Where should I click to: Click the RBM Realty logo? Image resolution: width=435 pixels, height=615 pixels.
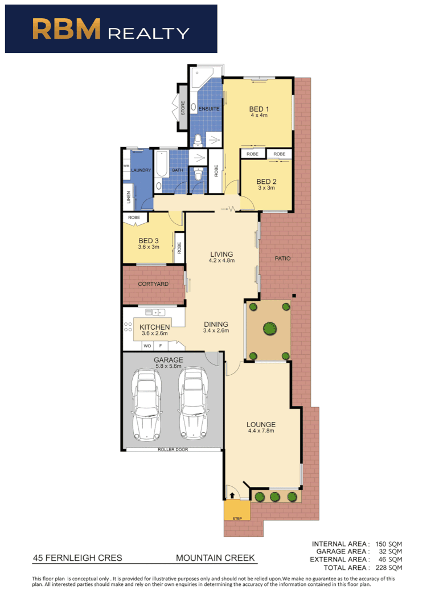tap(111, 29)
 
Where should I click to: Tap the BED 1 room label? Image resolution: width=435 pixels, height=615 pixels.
tap(259, 109)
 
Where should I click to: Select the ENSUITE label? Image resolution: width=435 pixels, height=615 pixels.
tap(209, 109)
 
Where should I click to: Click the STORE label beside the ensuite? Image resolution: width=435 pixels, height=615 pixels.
tap(183, 108)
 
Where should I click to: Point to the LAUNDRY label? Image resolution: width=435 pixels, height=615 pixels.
tap(141, 170)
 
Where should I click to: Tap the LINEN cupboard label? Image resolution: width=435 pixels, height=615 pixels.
tap(128, 198)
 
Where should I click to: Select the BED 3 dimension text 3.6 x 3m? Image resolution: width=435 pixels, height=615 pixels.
tap(148, 248)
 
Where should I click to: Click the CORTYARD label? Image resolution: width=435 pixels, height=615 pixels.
tap(153, 284)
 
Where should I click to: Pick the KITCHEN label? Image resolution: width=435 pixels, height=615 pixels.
tap(155, 327)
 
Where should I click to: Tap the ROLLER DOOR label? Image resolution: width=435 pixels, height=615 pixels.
tap(173, 449)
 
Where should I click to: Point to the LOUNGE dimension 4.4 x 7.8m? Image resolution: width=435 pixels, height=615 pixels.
tap(261, 431)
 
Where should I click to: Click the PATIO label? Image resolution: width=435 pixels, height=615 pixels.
tap(282, 259)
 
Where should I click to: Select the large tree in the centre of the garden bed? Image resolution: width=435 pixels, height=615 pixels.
tap(269, 329)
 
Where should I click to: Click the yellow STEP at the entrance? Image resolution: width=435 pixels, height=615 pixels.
tap(237, 511)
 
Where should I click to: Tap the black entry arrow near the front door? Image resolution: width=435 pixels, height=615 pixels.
tap(232, 496)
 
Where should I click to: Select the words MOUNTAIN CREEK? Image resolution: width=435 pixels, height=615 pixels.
tap(215, 558)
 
